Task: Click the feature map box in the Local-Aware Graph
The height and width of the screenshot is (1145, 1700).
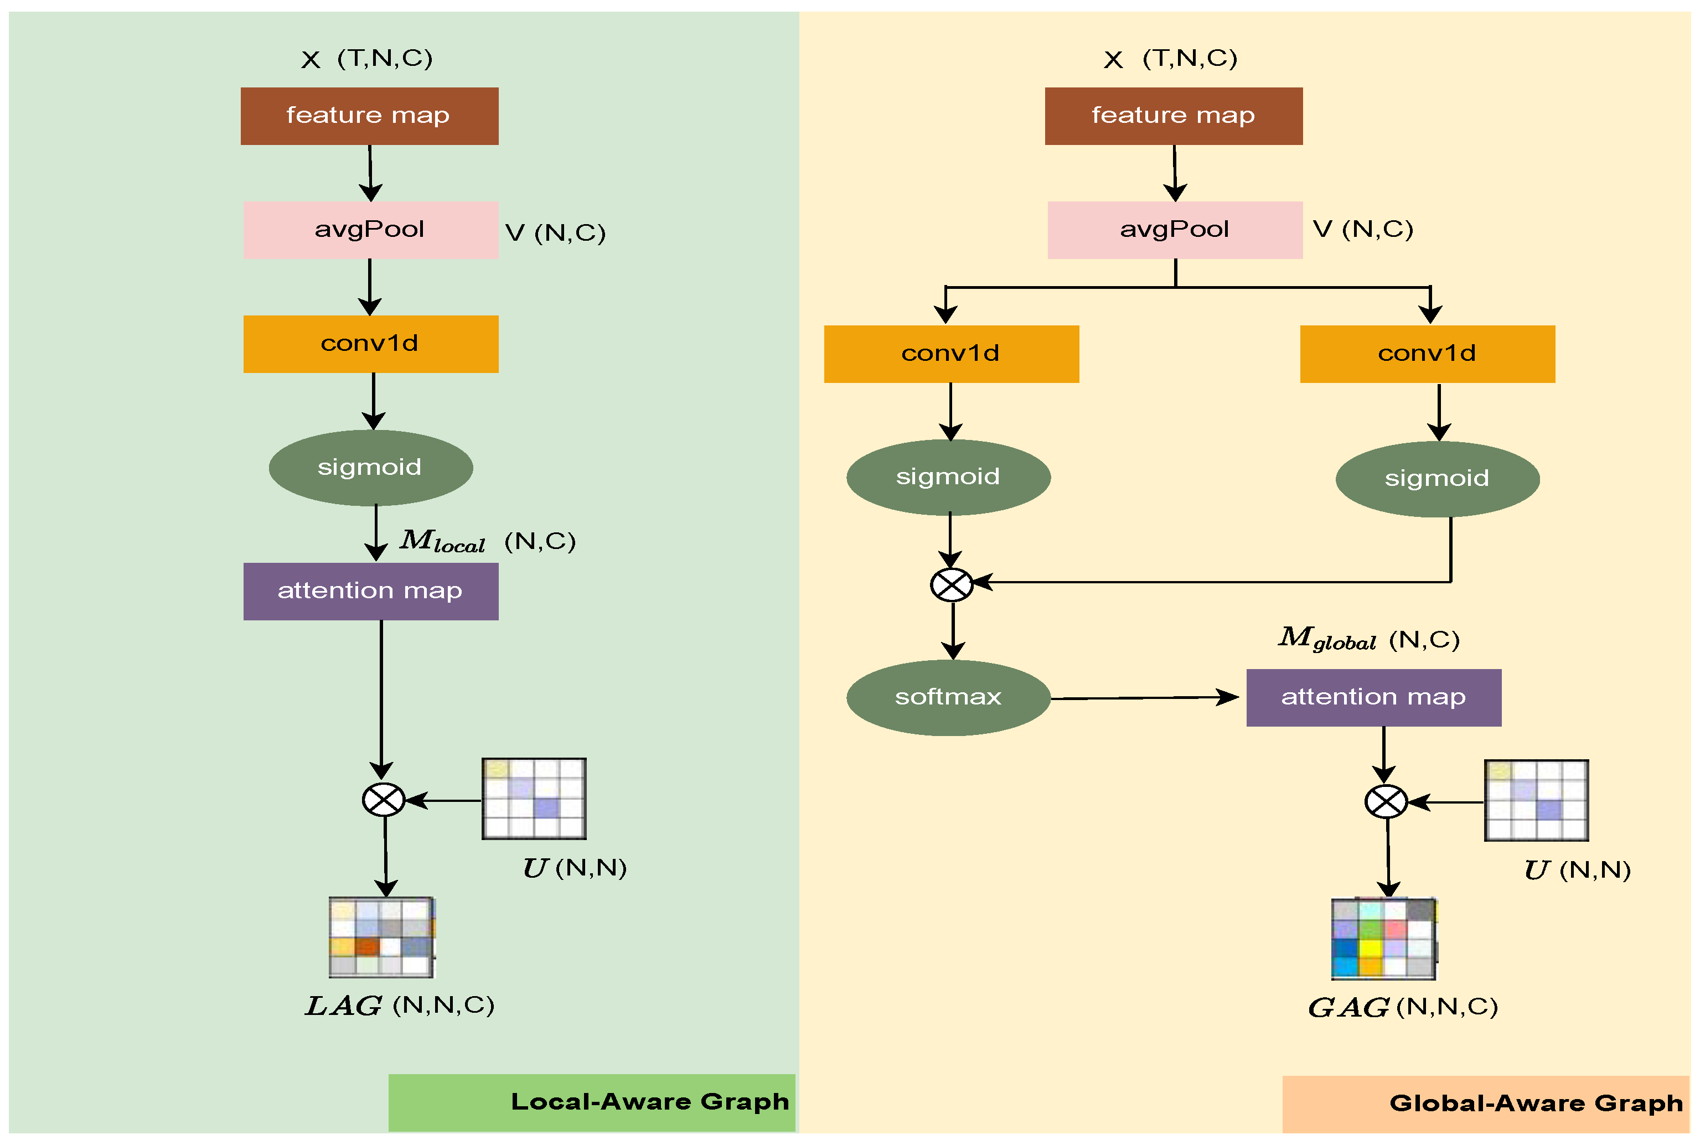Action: pos(369,116)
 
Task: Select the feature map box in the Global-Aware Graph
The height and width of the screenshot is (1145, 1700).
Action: pos(1173,116)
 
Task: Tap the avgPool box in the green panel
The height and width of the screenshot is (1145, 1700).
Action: pos(370,230)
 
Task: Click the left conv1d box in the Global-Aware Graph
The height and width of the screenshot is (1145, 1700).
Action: pos(951,354)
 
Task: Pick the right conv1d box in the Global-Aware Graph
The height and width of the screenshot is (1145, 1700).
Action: pos(1427,354)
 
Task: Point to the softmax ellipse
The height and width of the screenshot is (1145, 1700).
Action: pos(948,697)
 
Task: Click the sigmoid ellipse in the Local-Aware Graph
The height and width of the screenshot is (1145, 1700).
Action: pos(370,467)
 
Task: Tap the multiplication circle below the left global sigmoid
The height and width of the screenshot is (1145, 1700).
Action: pos(951,584)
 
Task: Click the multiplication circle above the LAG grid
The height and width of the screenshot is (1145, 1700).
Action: pos(384,800)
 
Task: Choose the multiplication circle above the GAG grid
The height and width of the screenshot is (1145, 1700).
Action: pos(1385,801)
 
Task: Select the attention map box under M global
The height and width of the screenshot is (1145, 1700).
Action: pos(1373,697)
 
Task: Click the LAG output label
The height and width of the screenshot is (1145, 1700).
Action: pos(343,1006)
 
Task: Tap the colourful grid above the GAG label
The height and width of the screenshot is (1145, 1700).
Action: pos(1383,939)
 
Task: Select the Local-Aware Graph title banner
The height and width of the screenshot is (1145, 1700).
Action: pos(592,1102)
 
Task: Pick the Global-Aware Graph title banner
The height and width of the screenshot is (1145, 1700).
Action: pos(1485,1103)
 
